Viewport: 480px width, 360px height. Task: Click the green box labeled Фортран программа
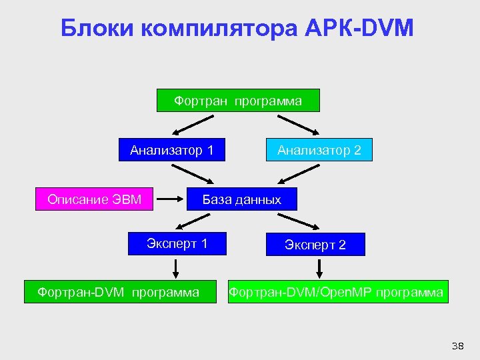coord(238,101)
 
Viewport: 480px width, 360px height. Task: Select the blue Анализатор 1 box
coord(171,150)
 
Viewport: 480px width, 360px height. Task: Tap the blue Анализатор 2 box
coord(319,150)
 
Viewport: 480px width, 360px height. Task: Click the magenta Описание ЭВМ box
coord(94,199)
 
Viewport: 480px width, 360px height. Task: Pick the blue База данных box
coord(241,199)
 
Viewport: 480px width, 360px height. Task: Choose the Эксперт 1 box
coord(177,243)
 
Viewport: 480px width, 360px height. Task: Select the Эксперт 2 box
coord(315,245)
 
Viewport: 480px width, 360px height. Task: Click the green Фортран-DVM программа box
coord(120,292)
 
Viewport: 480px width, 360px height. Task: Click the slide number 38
coord(457,345)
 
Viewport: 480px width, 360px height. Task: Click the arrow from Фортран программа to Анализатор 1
coord(193,125)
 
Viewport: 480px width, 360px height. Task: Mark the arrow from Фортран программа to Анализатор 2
coord(299,125)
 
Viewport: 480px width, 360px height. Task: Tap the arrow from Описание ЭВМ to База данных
coord(175,199)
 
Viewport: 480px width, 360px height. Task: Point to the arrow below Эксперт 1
coord(175,269)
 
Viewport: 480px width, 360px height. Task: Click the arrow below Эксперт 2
coord(319,269)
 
